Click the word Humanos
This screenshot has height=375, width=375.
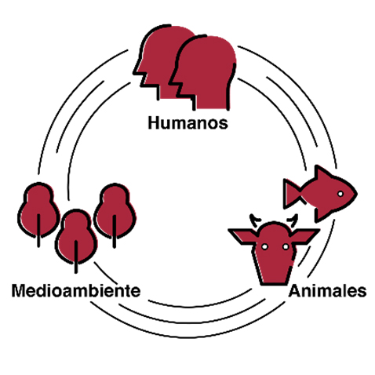click(x=187, y=122)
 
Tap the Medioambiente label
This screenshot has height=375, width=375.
click(x=76, y=290)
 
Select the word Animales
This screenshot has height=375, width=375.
click(x=327, y=291)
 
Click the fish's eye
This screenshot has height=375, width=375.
click(x=340, y=194)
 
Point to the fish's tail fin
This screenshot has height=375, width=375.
click(x=292, y=194)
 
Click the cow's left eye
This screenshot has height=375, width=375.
click(x=264, y=246)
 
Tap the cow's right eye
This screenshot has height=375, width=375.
click(x=286, y=246)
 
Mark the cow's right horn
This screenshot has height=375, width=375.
click(x=293, y=219)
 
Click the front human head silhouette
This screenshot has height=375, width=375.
click(x=203, y=72)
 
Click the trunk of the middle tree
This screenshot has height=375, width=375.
click(x=76, y=257)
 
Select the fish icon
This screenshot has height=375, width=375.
click(x=320, y=194)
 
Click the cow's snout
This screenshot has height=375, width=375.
click(x=274, y=272)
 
